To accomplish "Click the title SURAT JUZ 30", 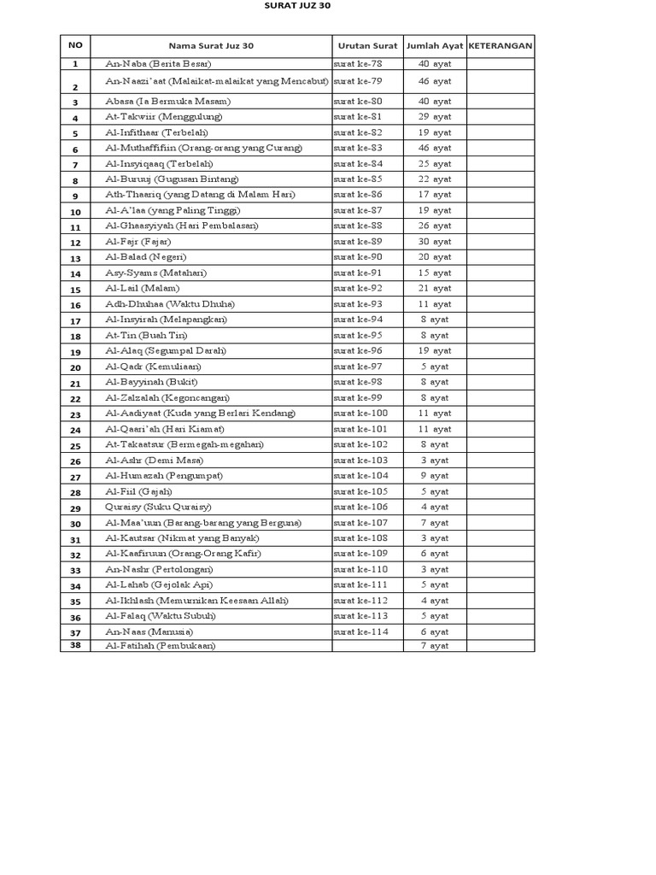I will (295, 5).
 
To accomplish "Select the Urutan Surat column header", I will (367, 45).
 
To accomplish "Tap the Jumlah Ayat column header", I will (435, 45).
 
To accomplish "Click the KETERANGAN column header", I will (501, 45).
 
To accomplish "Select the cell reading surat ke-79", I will (358, 81).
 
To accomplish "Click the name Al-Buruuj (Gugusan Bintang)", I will (172, 179).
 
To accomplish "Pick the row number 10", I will (75, 212).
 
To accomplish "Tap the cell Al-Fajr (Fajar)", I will (138, 242).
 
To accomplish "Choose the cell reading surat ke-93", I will (358, 304).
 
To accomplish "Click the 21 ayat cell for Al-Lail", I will (435, 289).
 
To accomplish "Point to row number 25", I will (75, 446).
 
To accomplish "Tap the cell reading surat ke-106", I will (360, 507).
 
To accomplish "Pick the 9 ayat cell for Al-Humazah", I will (435, 476).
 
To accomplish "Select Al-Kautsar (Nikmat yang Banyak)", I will (182, 538).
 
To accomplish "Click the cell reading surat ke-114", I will (360, 631).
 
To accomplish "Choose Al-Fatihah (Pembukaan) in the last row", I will (161, 646).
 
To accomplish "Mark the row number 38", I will (75, 646).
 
